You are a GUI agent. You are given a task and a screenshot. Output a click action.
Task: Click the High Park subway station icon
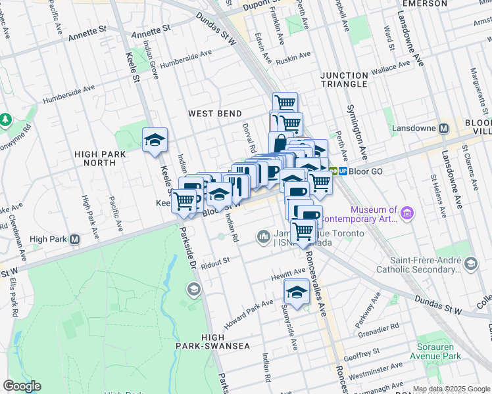pyautogui.click(x=75, y=239)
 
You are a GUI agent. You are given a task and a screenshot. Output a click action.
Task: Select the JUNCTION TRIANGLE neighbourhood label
pyautogui.click(x=344, y=79)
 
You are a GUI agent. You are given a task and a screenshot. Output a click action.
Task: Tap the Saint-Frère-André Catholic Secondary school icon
pyautogui.click(x=470, y=263)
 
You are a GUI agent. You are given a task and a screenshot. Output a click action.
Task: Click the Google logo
pyautogui.click(x=22, y=386)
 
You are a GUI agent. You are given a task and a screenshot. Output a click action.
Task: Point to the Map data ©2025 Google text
pyautogui.click(x=451, y=389)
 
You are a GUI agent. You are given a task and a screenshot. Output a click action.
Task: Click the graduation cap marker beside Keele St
pyautogui.click(x=155, y=140)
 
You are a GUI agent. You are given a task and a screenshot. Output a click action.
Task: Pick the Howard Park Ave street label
pyautogui.click(x=248, y=312)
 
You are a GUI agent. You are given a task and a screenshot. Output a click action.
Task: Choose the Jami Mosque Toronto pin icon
pyautogui.click(x=264, y=235)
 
